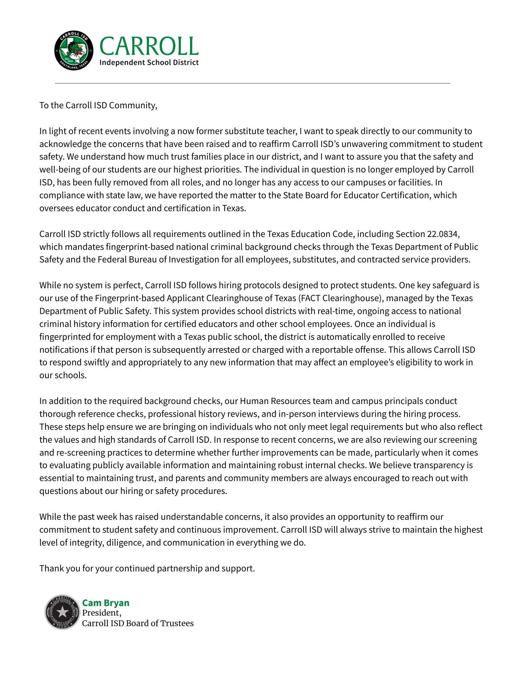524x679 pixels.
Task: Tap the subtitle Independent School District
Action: pyautogui.click(x=149, y=62)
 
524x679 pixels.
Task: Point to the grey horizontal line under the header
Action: pyautogui.click(x=253, y=83)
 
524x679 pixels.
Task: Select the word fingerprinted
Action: pyautogui.click(x=62, y=337)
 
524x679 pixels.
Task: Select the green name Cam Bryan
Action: pyautogui.click(x=106, y=603)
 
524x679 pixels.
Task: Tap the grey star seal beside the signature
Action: pyautogui.click(x=62, y=612)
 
